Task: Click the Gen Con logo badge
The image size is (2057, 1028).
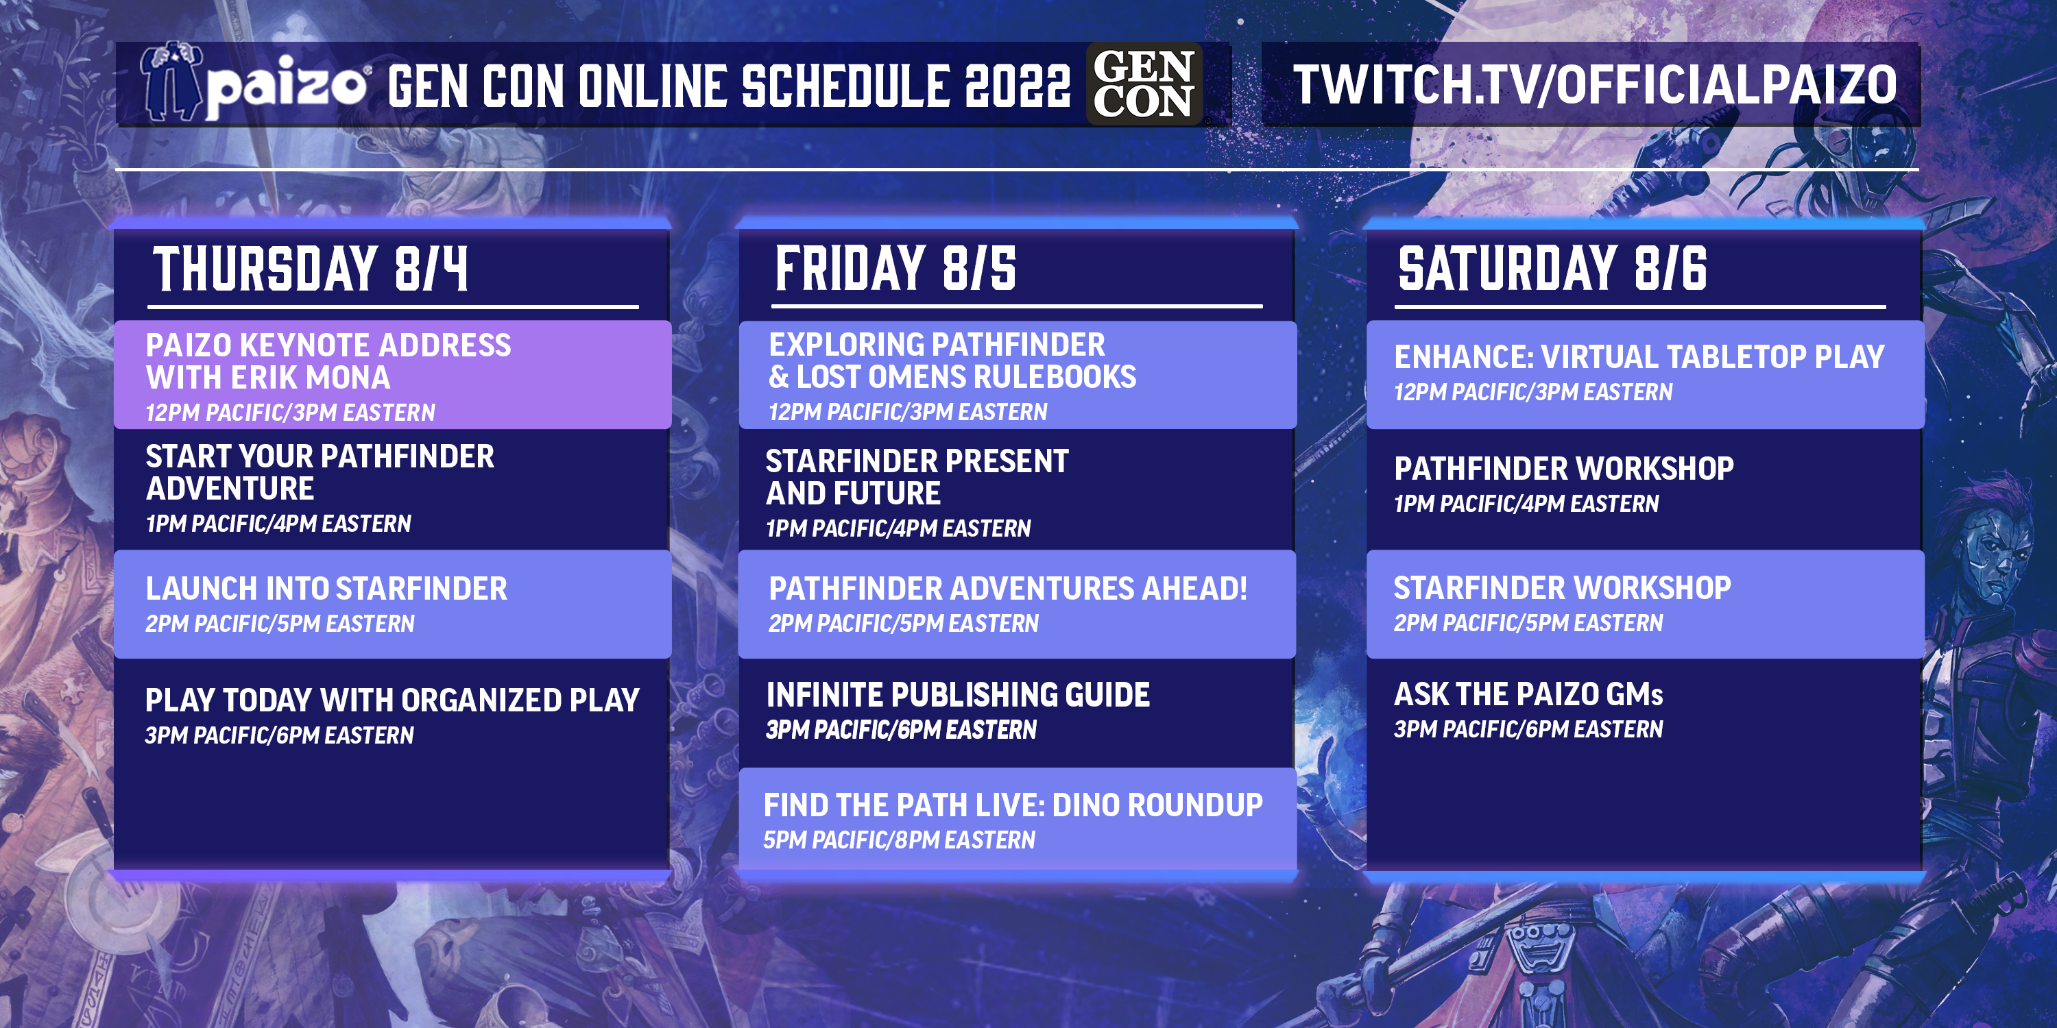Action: point(1144,84)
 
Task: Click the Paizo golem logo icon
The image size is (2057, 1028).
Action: point(170,82)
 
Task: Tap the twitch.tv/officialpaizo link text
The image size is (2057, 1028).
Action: point(1595,84)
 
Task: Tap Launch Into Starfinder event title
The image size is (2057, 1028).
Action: point(326,589)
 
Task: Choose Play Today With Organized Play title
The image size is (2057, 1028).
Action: point(392,700)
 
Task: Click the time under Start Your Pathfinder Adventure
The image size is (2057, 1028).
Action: point(278,524)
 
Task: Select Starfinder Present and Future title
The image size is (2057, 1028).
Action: point(916,476)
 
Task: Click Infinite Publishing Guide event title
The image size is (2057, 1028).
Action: point(957,694)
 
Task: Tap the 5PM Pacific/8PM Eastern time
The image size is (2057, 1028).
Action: point(898,840)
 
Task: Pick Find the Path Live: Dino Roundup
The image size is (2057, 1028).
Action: point(1013,805)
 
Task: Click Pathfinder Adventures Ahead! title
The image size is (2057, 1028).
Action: point(1007,589)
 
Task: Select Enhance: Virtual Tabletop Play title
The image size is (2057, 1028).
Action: point(1639,357)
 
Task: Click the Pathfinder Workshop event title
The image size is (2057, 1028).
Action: point(1563,469)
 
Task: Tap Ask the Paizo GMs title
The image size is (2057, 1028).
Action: point(1528,694)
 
